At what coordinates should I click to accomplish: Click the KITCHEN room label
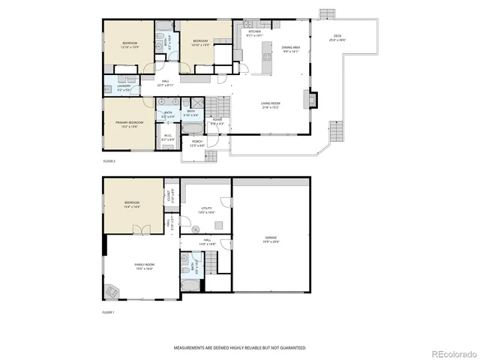[x=255, y=32]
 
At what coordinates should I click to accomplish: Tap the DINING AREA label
[x=291, y=49]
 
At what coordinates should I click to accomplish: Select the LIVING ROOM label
[x=270, y=106]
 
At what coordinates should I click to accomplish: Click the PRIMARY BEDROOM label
[x=129, y=124]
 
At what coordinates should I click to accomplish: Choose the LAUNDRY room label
[x=124, y=87]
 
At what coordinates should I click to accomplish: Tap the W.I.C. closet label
[x=168, y=137]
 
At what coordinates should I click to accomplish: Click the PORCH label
[x=196, y=142]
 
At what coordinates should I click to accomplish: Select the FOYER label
[x=217, y=121]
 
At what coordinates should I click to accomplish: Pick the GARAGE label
[x=270, y=238]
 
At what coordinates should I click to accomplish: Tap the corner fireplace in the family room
[x=113, y=291]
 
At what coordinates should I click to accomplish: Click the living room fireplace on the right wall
[x=313, y=99]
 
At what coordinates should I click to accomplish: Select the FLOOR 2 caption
[x=109, y=161]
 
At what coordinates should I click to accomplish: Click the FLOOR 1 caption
[x=109, y=311]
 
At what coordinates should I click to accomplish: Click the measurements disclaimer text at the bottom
[x=240, y=348]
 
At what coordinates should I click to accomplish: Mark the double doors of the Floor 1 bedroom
[x=136, y=229]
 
